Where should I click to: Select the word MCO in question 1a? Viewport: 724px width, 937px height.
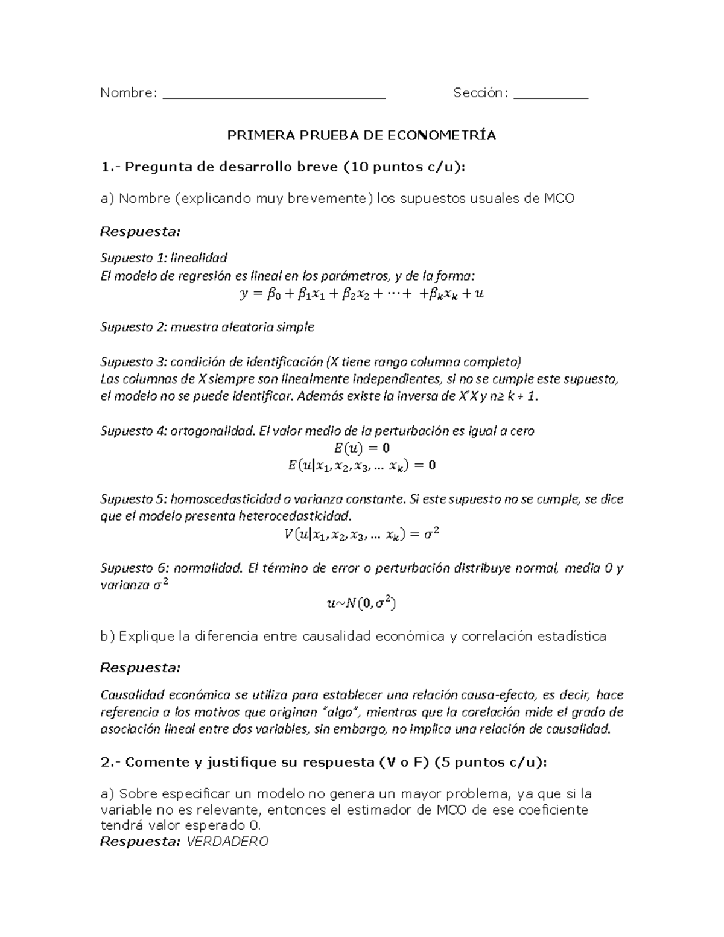click(x=558, y=198)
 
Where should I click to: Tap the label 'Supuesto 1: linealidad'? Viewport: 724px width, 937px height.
click(x=164, y=258)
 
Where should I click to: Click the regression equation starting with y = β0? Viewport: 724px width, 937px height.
click(x=361, y=294)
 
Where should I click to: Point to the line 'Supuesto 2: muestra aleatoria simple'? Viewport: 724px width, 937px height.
click(x=207, y=327)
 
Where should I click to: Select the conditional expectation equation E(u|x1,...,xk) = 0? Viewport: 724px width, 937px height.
click(x=361, y=465)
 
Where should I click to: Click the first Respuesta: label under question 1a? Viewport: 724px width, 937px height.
click(x=140, y=232)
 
